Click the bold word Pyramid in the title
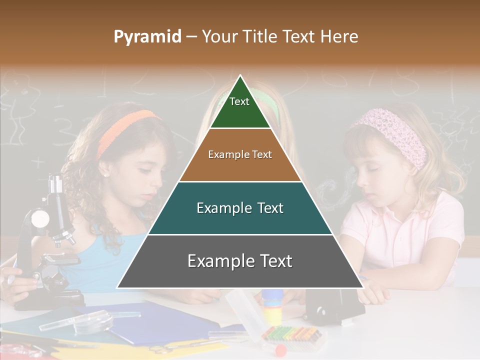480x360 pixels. (x=147, y=37)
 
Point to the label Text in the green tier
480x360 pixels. (x=239, y=101)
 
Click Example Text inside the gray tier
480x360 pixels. (x=240, y=261)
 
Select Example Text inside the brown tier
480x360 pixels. (x=240, y=154)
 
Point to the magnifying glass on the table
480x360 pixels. (x=95, y=320)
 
